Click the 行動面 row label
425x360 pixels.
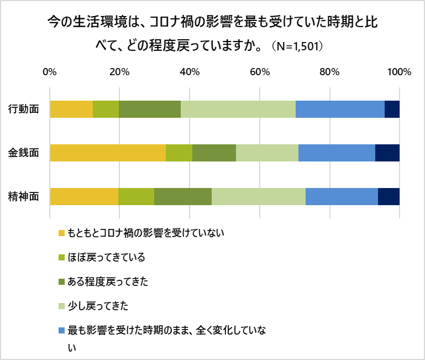click(x=24, y=109)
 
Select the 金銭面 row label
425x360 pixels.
click(x=24, y=153)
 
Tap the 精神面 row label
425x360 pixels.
click(x=24, y=196)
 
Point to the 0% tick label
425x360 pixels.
click(x=50, y=72)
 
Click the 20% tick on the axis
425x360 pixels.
click(x=119, y=72)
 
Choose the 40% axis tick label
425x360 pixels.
click(x=190, y=72)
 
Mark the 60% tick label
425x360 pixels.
click(x=259, y=72)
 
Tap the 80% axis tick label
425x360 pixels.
click(x=329, y=72)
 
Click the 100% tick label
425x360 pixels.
click(x=398, y=72)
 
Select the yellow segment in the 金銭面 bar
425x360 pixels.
click(x=108, y=153)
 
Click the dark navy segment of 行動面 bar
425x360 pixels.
click(x=392, y=109)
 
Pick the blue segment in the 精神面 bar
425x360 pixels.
click(x=342, y=196)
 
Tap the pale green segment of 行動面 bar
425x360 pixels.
click(x=238, y=109)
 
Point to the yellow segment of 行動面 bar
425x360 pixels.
click(x=71, y=109)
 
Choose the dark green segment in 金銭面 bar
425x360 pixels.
click(x=214, y=153)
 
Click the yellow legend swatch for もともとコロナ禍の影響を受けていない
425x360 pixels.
click(x=61, y=233)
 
